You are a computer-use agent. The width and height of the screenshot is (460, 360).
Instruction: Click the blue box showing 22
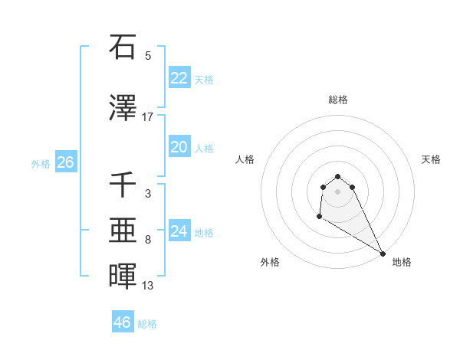coord(179,77)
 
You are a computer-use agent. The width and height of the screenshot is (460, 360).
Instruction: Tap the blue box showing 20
coord(179,147)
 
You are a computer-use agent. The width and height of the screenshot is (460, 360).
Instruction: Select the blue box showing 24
coord(179,231)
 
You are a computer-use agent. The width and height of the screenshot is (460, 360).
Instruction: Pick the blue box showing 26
coord(66,162)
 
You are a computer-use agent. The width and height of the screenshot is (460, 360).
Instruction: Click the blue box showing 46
coord(123,322)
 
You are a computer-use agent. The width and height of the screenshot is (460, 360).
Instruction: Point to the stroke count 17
coord(148,117)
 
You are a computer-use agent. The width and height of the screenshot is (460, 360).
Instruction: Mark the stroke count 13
coord(148,286)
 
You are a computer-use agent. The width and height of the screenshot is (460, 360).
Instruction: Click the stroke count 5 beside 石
coord(148,56)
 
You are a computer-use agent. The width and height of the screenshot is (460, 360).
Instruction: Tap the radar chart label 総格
coord(338,100)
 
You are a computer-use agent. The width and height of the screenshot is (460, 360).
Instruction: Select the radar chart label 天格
coord(432,159)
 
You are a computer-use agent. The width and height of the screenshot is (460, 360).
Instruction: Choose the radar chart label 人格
coord(245,159)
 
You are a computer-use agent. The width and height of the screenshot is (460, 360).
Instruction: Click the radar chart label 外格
coord(270,262)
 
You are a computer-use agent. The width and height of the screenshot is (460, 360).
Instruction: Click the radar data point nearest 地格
coord(383,253)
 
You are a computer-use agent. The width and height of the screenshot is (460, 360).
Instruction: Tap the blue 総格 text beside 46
coord(147,324)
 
